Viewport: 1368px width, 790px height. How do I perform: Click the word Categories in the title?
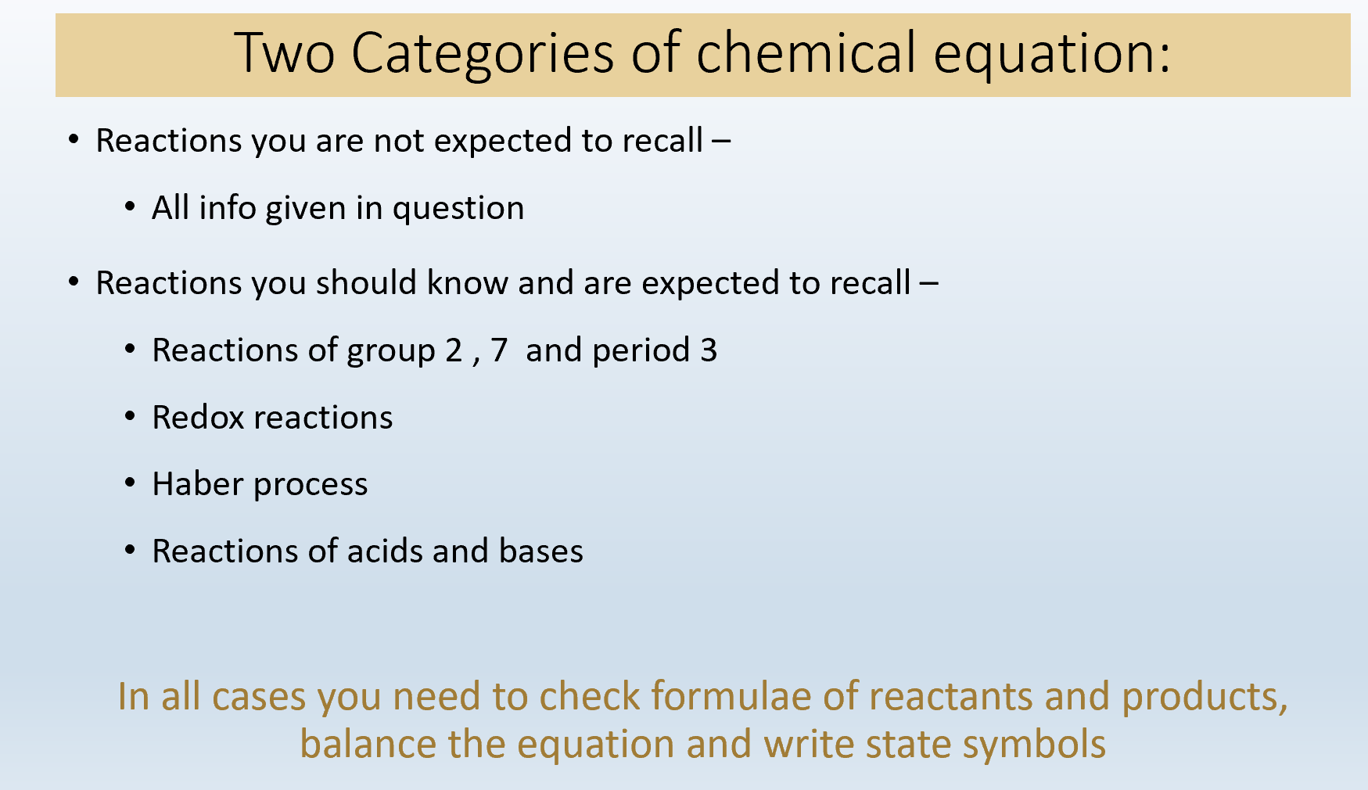click(x=482, y=54)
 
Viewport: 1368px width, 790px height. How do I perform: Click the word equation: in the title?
click(x=1052, y=56)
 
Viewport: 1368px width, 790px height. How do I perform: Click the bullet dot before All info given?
click(x=131, y=207)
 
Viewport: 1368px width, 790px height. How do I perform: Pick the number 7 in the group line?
click(x=499, y=350)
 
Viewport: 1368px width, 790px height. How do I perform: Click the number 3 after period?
click(x=709, y=350)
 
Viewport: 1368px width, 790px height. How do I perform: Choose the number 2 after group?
click(x=454, y=350)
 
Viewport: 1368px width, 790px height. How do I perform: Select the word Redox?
click(x=199, y=418)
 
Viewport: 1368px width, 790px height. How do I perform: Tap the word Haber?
click(x=198, y=484)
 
